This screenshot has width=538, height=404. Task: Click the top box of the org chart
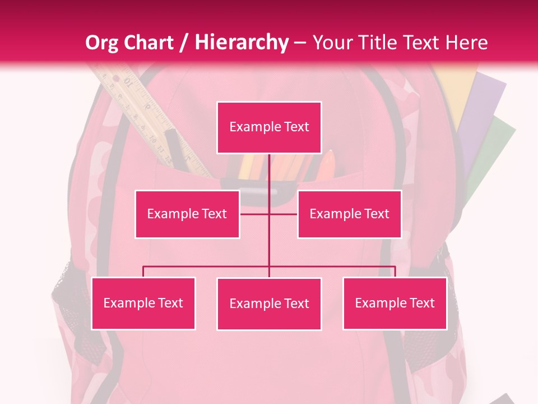point(269,127)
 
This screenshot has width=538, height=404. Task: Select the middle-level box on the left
point(187,214)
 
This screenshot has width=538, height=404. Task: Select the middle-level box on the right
point(349,214)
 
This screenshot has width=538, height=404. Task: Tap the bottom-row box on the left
point(143,303)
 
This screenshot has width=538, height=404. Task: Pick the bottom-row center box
point(269,304)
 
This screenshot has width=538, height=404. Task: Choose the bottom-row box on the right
point(395,303)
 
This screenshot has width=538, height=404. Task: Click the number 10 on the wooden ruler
point(129,84)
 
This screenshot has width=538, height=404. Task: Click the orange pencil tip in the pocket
point(330,156)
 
